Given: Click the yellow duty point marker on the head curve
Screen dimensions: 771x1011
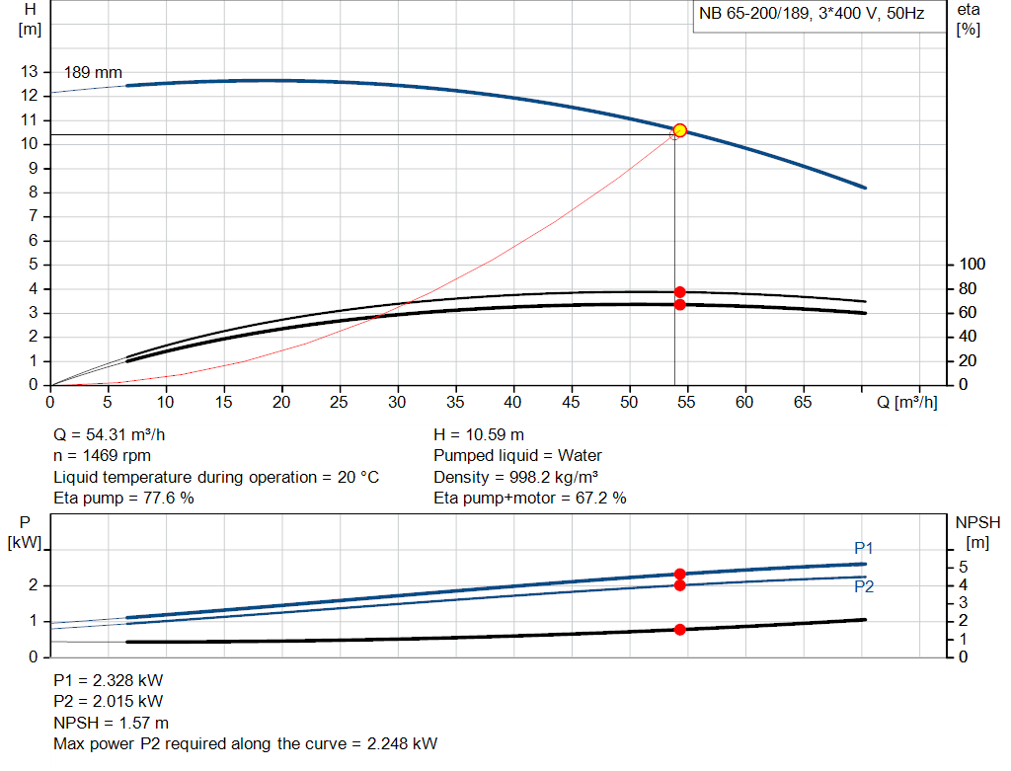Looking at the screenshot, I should [x=679, y=130].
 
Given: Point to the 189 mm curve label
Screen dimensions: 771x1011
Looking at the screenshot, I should [x=93, y=73].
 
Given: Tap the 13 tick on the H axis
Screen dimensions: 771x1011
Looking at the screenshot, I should [x=29, y=72].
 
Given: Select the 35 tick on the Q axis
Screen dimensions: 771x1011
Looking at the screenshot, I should [x=455, y=402].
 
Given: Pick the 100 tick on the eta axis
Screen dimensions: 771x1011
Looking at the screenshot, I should [x=972, y=265].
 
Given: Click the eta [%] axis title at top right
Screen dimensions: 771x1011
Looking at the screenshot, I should [x=968, y=19].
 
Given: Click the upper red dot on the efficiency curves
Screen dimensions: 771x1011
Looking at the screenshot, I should [x=680, y=292].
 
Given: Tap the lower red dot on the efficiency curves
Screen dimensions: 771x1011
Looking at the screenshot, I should [x=680, y=304].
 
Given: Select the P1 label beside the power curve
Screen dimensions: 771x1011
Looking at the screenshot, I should [x=864, y=548].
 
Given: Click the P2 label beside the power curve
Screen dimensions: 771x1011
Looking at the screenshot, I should [x=864, y=586].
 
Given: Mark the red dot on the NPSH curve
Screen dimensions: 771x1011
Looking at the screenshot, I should [x=680, y=629].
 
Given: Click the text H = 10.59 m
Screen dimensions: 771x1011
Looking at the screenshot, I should [x=479, y=434].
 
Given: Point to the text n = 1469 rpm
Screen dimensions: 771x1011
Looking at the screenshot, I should [x=104, y=456].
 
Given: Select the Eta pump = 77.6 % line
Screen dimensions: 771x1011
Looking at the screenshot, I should [x=123, y=499].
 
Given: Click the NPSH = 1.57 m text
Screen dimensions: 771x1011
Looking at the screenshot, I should [x=111, y=723].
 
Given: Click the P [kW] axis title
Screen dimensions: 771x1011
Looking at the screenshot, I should [x=26, y=530].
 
